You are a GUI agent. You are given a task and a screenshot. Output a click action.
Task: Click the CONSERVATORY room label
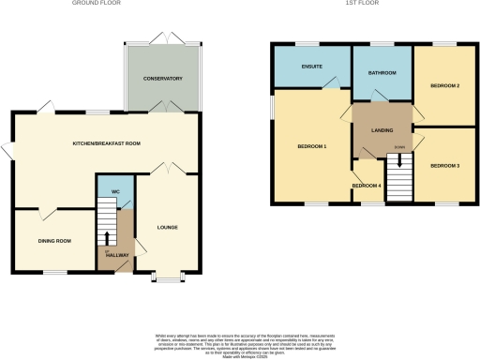point(163,78)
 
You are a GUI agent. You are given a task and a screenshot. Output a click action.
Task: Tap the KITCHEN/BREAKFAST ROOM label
point(107,143)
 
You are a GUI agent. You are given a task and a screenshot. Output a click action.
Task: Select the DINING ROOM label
point(54,241)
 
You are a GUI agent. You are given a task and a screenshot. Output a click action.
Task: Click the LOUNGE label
point(168,227)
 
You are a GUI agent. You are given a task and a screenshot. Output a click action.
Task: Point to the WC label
point(115,192)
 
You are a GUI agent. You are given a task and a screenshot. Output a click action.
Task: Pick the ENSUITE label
point(312,67)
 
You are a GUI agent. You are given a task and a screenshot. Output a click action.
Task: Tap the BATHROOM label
point(382,73)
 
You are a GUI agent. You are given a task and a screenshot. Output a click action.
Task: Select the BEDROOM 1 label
point(312,146)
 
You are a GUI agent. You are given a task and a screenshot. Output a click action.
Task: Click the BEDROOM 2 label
point(444,85)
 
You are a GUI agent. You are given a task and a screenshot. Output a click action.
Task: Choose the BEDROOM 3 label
point(444,165)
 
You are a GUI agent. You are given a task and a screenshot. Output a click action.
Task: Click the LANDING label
point(382,130)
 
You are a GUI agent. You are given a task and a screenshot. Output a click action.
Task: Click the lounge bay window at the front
point(167,279)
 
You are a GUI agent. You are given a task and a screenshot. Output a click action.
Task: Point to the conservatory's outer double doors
point(163,40)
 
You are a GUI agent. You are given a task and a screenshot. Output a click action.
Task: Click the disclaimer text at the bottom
point(240,341)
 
